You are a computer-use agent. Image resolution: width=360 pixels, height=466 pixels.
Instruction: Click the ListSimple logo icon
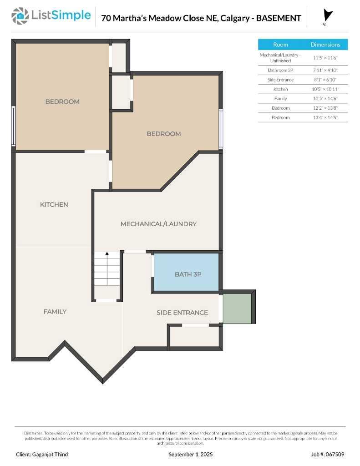[20, 16]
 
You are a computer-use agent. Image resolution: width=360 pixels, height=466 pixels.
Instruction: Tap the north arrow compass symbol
[327, 16]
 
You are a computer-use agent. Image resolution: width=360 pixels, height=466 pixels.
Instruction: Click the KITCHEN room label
[54, 205]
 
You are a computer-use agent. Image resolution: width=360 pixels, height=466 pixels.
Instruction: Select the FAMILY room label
[55, 312]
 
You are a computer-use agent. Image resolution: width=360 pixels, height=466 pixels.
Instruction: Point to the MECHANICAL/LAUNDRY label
[158, 224]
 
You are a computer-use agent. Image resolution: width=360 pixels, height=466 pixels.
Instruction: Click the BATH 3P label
[188, 274]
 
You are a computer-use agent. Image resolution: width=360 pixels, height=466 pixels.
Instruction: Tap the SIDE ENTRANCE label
[182, 313]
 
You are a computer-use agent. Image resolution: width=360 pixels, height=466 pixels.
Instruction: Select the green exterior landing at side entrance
[237, 309]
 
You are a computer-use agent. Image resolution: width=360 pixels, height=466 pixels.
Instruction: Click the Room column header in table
[280, 45]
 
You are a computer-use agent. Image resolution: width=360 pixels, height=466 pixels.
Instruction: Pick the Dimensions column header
[325, 45]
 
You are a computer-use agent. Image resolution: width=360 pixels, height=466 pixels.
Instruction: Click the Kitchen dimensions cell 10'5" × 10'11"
[326, 89]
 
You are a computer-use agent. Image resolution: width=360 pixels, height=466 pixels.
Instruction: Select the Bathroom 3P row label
[280, 70]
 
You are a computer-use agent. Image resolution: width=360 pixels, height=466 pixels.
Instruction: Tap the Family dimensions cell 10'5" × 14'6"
[326, 99]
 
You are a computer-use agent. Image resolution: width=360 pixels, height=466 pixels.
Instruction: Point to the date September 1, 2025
[190, 454]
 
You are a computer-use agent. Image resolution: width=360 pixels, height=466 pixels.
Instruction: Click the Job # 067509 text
[328, 454]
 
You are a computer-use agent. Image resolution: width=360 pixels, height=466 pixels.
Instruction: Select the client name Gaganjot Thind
[42, 454]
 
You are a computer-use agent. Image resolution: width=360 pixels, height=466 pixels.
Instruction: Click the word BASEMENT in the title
[279, 18]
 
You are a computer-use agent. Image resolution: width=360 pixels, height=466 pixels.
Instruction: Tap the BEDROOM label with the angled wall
[163, 134]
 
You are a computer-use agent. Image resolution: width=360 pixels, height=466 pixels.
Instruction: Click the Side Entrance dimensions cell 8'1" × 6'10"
[326, 80]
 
